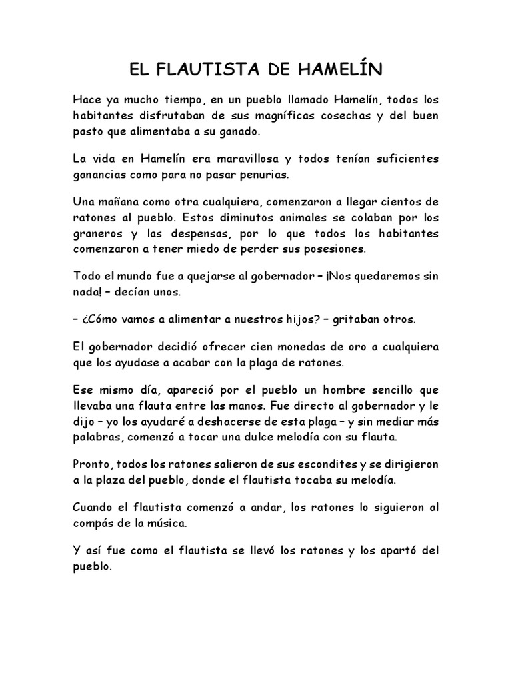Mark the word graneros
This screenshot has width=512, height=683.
(97, 234)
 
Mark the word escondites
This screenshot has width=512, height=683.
(321, 463)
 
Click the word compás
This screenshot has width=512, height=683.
(94, 523)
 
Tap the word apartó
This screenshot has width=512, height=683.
(391, 552)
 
